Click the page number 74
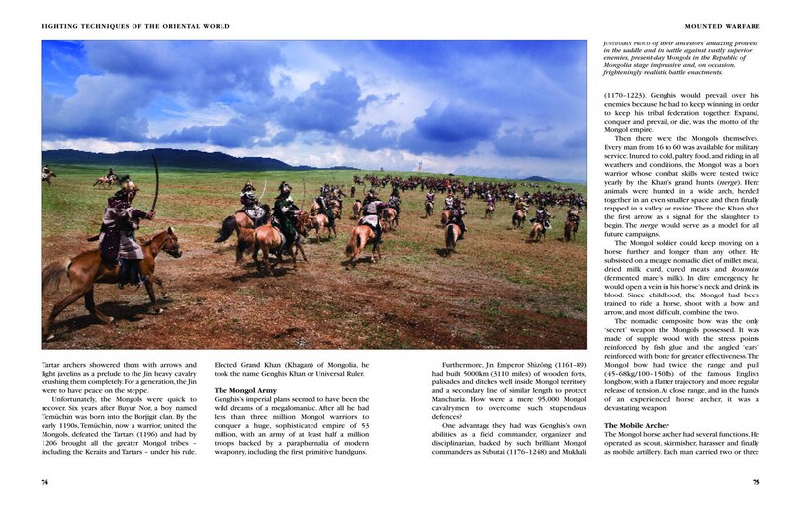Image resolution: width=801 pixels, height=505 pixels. tap(44, 482)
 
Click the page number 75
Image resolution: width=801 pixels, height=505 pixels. tap(756, 482)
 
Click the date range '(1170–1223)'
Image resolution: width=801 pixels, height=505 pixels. tap(627, 96)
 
